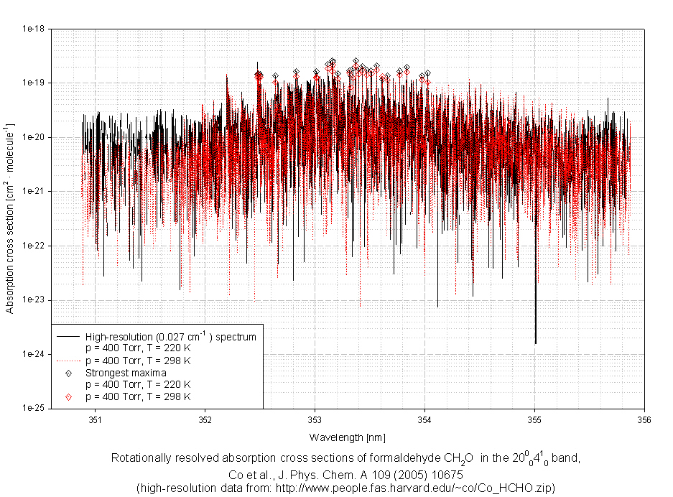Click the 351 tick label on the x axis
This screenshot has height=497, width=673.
point(95,420)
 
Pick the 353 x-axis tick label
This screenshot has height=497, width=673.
point(315,420)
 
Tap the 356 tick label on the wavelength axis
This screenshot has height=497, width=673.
point(644,420)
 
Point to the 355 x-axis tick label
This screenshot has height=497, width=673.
point(534,420)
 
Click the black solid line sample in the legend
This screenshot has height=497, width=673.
point(67,336)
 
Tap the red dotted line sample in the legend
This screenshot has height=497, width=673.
point(67,360)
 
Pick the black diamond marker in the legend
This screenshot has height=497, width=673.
point(68,373)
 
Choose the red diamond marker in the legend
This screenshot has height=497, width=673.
point(68,396)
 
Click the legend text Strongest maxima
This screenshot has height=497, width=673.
point(126,373)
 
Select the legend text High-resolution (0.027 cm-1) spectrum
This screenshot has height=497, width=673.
point(170,335)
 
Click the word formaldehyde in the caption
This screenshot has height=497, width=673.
point(391,458)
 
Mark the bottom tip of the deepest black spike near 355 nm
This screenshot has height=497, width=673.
point(535,343)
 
